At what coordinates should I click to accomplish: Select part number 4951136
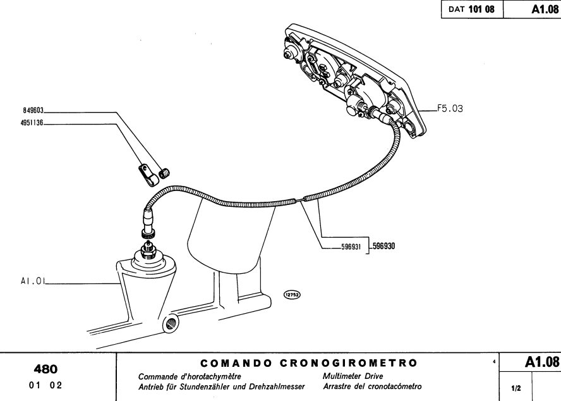coord(32,125)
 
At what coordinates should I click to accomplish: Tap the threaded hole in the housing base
coord(169,324)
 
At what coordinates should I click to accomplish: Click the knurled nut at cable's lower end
coord(148,235)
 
